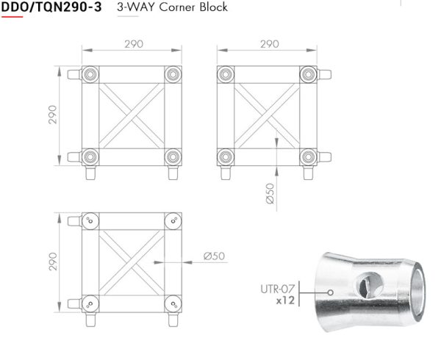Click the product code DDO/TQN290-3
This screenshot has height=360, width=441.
(51, 7)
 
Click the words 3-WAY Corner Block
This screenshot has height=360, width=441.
(172, 7)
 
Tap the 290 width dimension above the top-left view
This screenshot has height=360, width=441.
(134, 44)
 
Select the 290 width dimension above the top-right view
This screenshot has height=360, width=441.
(270, 44)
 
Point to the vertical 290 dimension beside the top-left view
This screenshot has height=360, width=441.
(53, 115)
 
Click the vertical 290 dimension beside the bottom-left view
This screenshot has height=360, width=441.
(53, 262)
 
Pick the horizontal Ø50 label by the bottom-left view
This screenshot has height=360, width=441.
(215, 256)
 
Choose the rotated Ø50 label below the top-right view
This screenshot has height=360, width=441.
(270, 194)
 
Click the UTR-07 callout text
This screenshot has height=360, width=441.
(277, 289)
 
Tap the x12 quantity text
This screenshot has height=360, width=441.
(285, 300)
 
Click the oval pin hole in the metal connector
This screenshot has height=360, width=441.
(368, 285)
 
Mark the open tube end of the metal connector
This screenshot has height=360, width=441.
(417, 292)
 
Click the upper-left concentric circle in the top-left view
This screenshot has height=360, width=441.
(90, 75)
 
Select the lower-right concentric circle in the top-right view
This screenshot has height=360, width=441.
(309, 156)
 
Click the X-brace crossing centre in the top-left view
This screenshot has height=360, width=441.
(132, 116)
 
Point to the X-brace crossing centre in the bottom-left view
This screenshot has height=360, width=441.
(132, 262)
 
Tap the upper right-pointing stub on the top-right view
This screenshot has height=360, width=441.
(324, 75)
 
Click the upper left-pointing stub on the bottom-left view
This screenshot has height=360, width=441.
(75, 221)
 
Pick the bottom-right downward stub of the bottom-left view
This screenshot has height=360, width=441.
(173, 320)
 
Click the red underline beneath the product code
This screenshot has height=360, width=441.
(12, 17)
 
